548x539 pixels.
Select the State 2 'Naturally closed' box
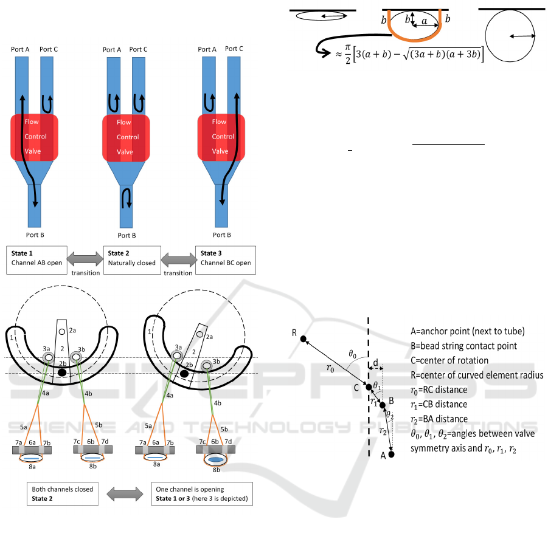coord(132,259)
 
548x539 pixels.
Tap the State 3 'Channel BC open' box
coord(225,259)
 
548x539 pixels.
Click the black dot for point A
coord(391,454)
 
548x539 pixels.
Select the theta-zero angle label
coord(352,353)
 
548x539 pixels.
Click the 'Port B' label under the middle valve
coord(127,235)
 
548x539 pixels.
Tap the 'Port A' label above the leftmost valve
coord(20,49)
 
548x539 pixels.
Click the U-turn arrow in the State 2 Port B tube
coord(126,197)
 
